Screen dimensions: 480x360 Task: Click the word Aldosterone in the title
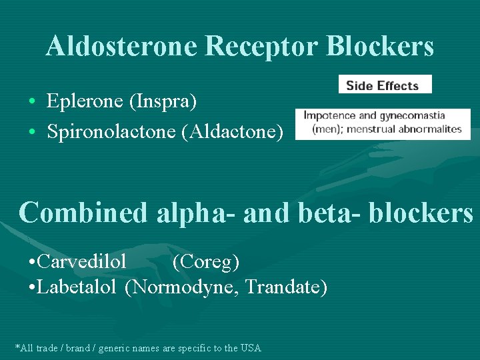121,46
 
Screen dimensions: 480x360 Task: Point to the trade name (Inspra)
163,101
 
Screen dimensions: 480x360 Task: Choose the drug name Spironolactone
111,131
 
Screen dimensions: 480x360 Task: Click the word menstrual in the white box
375,129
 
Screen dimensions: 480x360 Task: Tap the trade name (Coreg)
206,263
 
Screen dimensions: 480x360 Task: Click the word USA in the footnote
251,348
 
